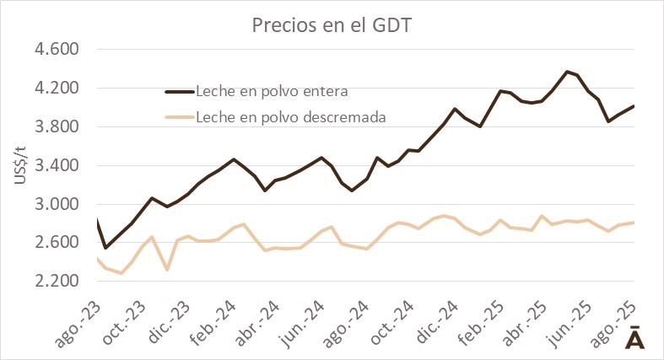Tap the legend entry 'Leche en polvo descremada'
click(290, 117)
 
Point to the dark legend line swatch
click(179, 91)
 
